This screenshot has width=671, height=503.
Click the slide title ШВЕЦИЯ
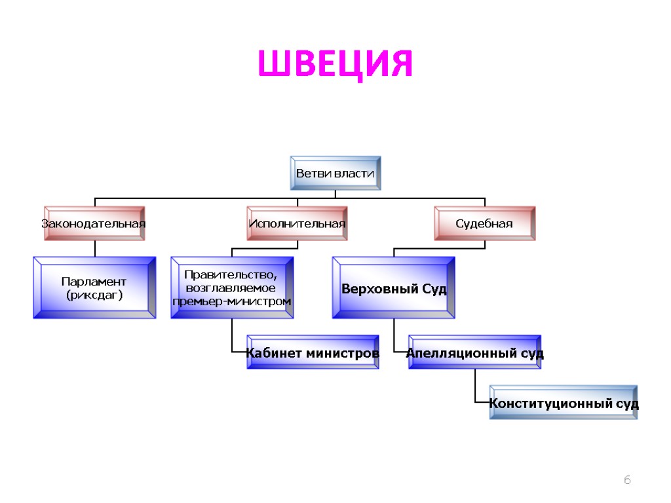pyautogui.click(x=335, y=64)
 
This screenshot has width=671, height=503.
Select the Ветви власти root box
pyautogui.click(x=335, y=174)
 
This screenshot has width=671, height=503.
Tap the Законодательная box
pyautogui.click(x=94, y=223)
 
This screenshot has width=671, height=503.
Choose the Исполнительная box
pyautogui.click(x=297, y=223)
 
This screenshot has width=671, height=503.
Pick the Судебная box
pyautogui.click(x=484, y=223)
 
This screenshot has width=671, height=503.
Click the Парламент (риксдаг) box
pyautogui.click(x=94, y=288)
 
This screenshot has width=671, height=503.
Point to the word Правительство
pyautogui.click(x=231, y=274)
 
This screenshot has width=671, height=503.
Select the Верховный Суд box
pyautogui.click(x=394, y=288)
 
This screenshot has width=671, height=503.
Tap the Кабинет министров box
pyautogui.click(x=313, y=353)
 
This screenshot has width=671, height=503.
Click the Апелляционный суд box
pyautogui.click(x=475, y=353)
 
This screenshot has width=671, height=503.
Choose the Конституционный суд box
pyautogui.click(x=564, y=403)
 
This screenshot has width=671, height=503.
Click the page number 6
pyautogui.click(x=626, y=481)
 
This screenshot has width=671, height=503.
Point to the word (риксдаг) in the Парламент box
pyautogui.click(x=94, y=295)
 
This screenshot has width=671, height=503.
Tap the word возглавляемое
pyautogui.click(x=231, y=288)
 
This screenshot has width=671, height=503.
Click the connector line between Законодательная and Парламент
pyautogui.click(x=94, y=248)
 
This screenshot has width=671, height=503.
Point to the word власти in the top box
pyautogui.click(x=355, y=174)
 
